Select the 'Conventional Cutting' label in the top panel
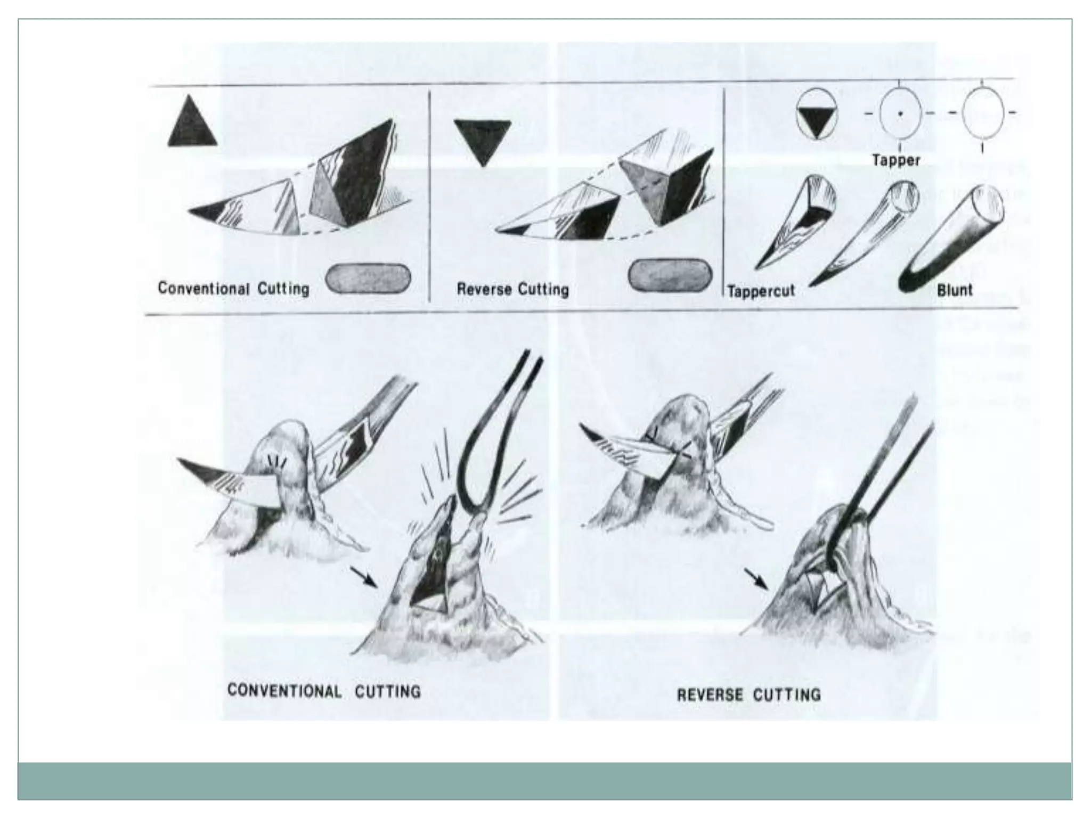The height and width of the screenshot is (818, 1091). click(233, 289)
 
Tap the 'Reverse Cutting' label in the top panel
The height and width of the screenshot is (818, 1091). click(512, 289)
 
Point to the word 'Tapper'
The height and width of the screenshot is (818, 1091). click(896, 160)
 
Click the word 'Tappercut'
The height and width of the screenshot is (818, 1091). click(761, 291)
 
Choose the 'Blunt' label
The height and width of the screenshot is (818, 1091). click(955, 290)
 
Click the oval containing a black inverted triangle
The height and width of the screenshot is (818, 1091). click(817, 114)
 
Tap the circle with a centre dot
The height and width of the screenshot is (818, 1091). click(900, 113)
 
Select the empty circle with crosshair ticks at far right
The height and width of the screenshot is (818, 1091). click(983, 113)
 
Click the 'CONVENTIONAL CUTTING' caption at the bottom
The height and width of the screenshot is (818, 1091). click(324, 691)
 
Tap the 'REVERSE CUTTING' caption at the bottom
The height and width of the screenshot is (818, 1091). click(748, 695)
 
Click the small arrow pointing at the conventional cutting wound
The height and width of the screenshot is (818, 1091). click(364, 578)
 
